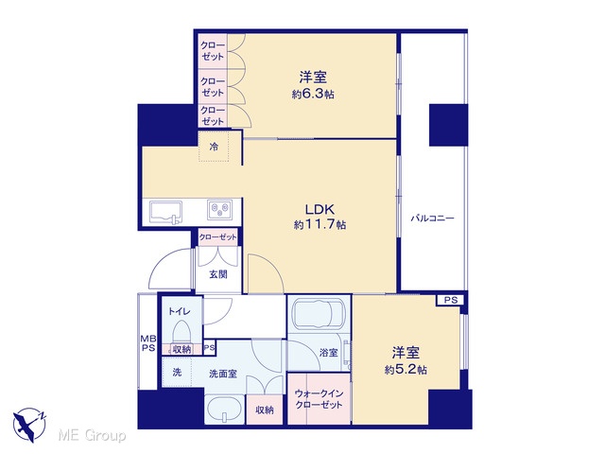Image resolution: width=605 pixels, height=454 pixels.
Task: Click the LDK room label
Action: tap(320, 210)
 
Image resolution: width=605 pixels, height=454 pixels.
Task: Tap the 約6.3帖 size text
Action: tap(313, 95)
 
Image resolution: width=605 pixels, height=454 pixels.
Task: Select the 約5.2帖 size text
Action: tap(406, 370)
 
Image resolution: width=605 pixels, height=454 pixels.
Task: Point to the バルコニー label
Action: tap(432, 218)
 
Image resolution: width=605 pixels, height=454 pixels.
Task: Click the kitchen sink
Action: tap(166, 212)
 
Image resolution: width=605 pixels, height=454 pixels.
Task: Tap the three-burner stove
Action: tap(220, 210)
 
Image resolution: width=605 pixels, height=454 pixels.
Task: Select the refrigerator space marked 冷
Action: tap(214, 147)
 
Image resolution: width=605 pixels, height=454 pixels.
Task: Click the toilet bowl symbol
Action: tap(181, 331)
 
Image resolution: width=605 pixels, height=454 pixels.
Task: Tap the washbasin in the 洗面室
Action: tap(224, 410)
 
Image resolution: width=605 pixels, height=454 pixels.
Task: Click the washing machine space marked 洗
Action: tap(177, 373)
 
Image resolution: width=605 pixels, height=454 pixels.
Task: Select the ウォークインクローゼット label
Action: tap(319, 399)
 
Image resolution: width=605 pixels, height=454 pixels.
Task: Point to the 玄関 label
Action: tap(218, 274)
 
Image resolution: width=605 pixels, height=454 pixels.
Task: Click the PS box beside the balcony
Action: tap(450, 300)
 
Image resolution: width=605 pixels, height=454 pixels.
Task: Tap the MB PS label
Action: tap(148, 343)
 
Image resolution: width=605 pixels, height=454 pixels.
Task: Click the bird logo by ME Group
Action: tap(29, 425)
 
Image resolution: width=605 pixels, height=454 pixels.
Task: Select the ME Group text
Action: tap(92, 435)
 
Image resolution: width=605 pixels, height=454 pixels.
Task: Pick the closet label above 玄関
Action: tap(218, 237)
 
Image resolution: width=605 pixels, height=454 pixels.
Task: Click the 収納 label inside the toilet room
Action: tap(181, 349)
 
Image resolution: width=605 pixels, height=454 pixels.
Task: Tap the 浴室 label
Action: tap(329, 353)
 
